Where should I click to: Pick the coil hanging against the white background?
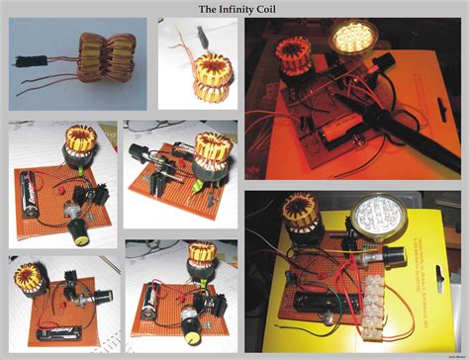201,78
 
